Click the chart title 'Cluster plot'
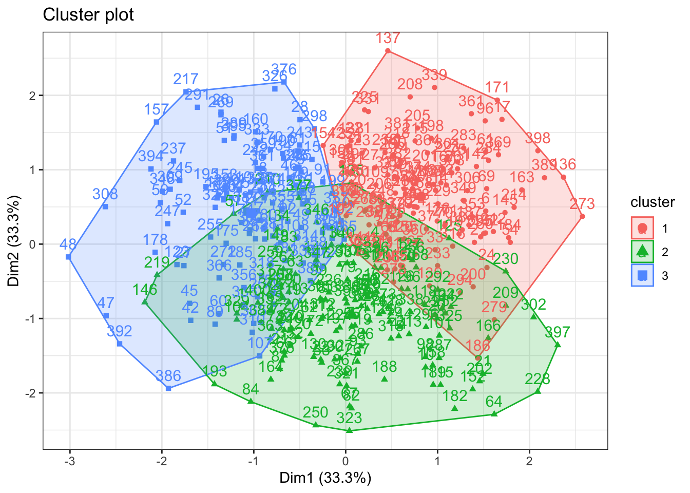pyautogui.click(x=88, y=15)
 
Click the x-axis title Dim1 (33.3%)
pyautogui.click(x=325, y=478)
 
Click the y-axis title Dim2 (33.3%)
pyautogui.click(x=14, y=241)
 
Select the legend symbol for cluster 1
pyautogui.click(x=642, y=227)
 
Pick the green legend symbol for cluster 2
pyautogui.click(x=642, y=252)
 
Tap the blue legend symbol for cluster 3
pyautogui.click(x=642, y=276)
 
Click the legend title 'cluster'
pyautogui.click(x=653, y=202)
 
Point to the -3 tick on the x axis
pyautogui.click(x=70, y=461)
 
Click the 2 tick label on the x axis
pyautogui.click(x=529, y=461)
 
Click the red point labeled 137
pyautogui.click(x=388, y=50)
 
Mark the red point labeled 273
pyautogui.click(x=582, y=216)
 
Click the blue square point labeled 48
pyautogui.click(x=68, y=256)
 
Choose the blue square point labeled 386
pyautogui.click(x=168, y=388)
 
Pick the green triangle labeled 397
pyautogui.click(x=558, y=345)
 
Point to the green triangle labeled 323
pyautogui.click(x=350, y=430)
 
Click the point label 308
pyautogui.click(x=105, y=194)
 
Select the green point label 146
pyautogui.click(x=145, y=290)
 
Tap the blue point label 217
pyautogui.click(x=186, y=79)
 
